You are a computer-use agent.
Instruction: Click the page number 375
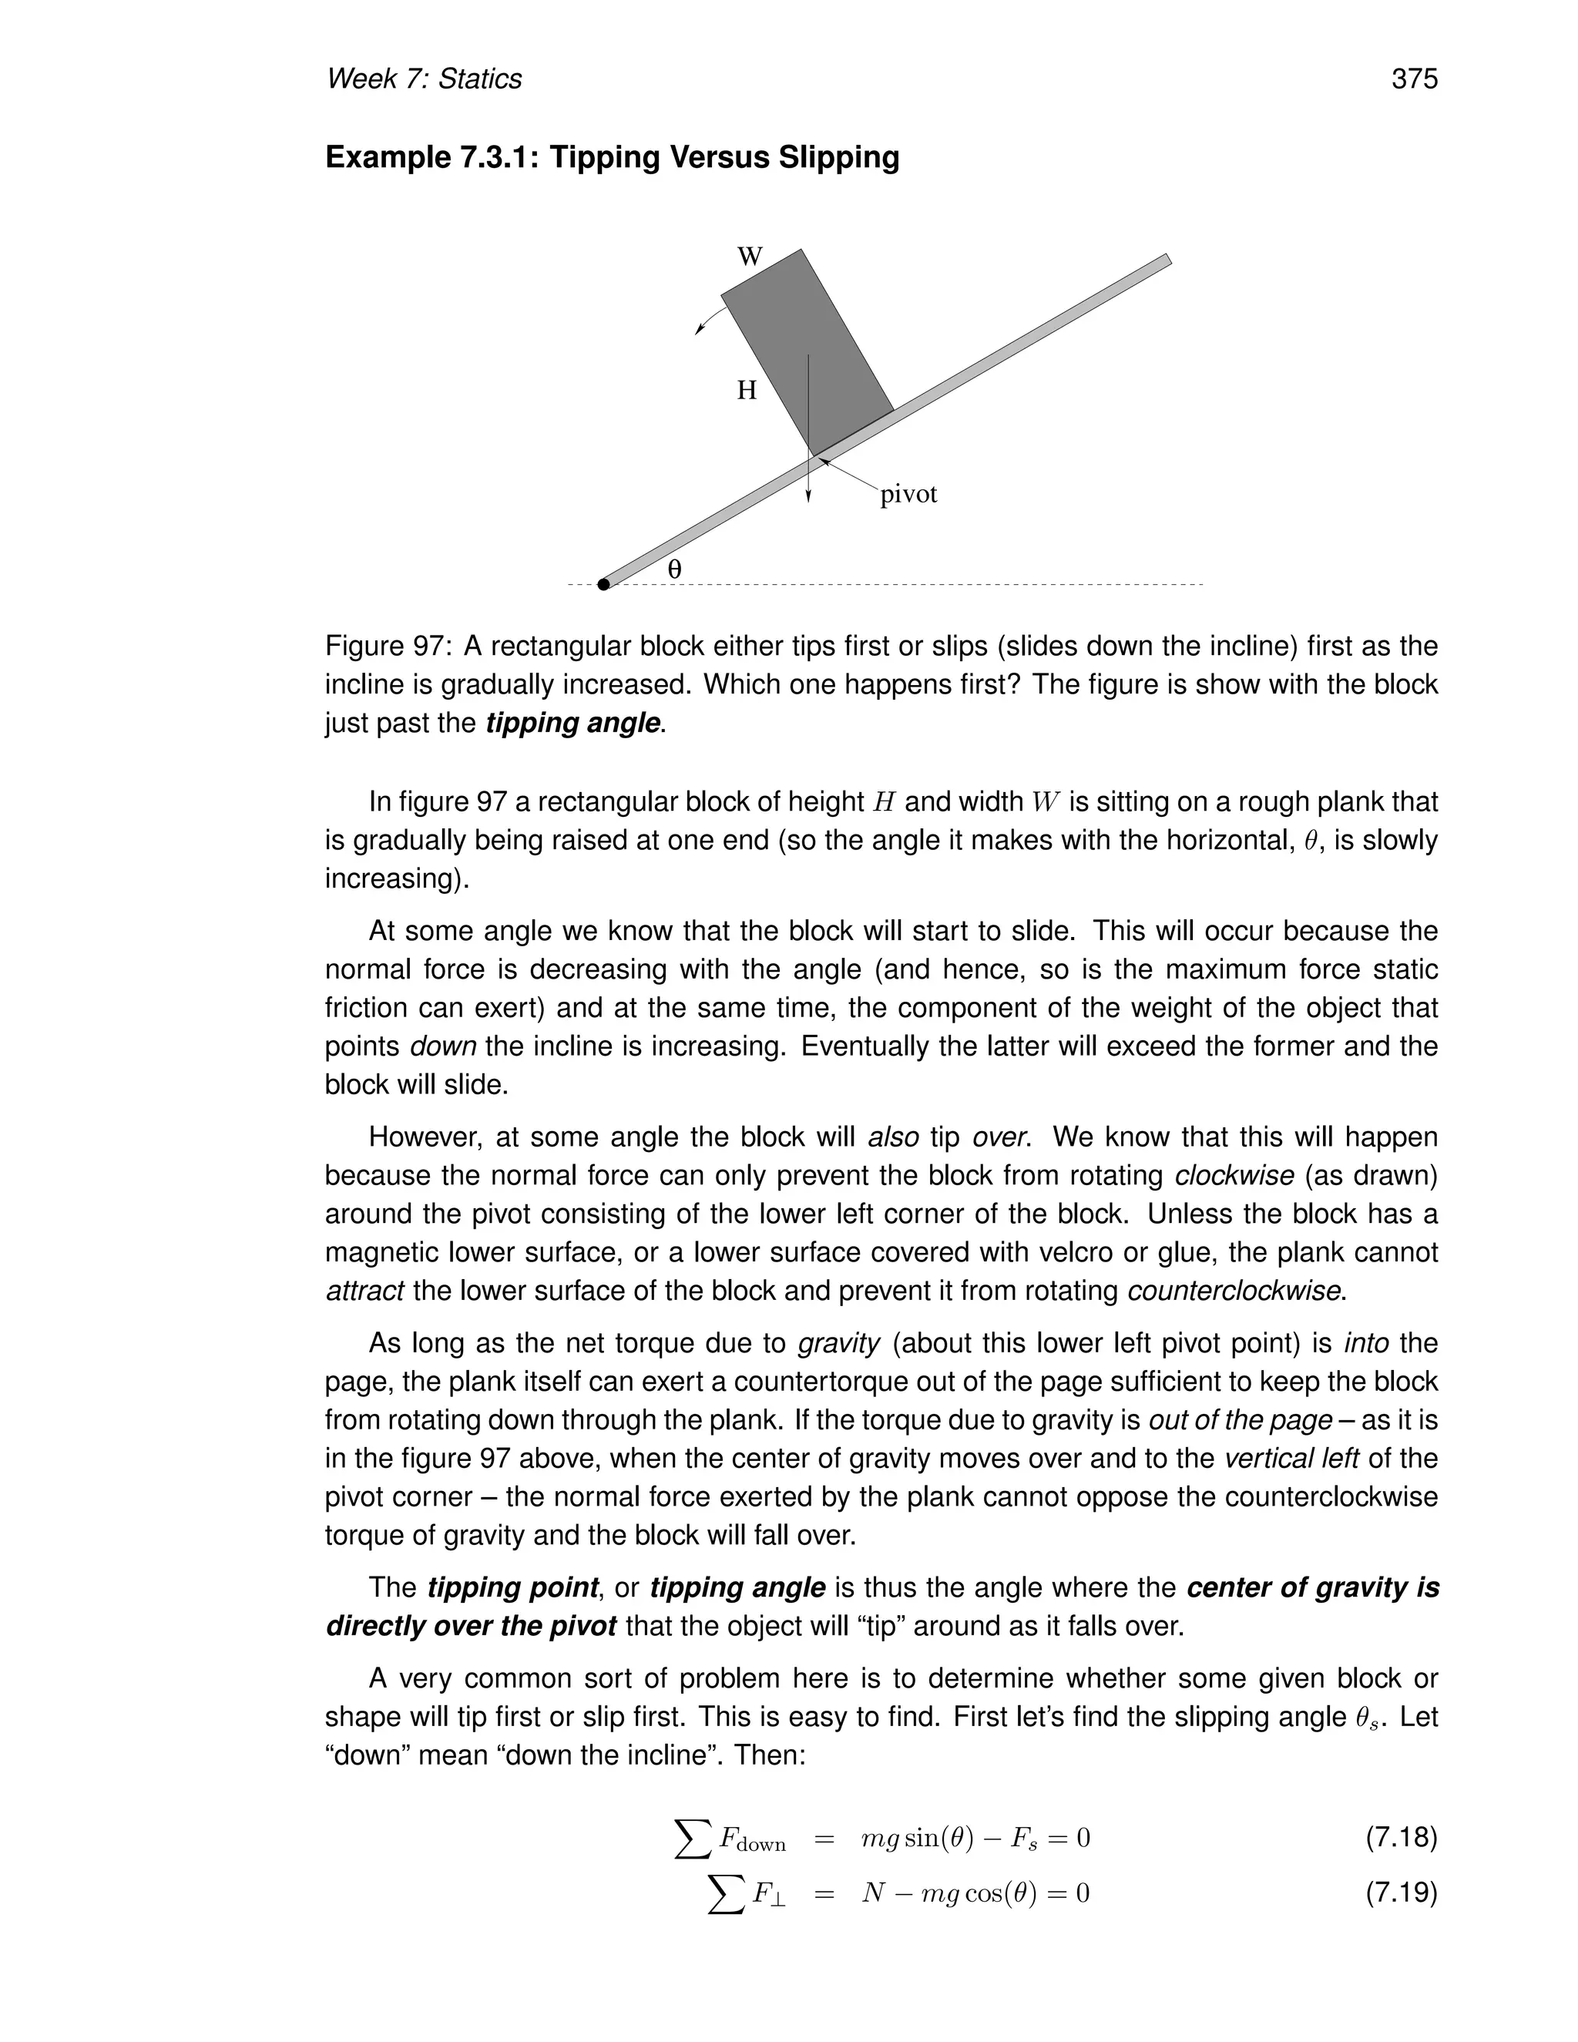[x=1413, y=79]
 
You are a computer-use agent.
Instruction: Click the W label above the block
[x=750, y=256]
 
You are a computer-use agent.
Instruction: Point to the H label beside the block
[x=746, y=390]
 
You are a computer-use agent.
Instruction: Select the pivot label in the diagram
[x=908, y=494]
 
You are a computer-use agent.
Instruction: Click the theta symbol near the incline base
[x=674, y=569]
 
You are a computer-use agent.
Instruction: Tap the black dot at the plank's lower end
[x=604, y=584]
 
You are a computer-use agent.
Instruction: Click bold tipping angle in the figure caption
[x=572, y=723]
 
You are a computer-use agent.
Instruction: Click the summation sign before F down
[x=693, y=1839]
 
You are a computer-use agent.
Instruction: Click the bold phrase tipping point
[x=512, y=1587]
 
